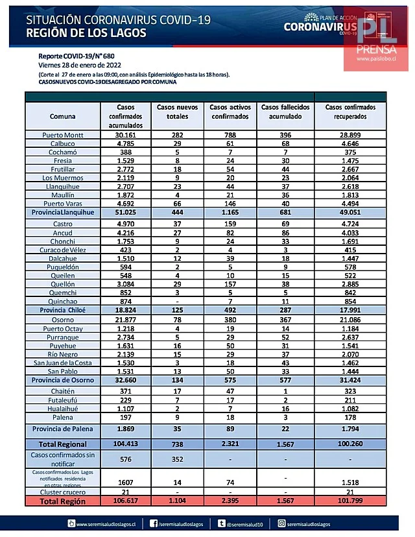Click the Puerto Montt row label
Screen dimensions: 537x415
pyautogui.click(x=62, y=135)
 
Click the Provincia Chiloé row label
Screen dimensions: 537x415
pyautogui.click(x=62, y=311)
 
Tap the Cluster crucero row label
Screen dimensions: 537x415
pyautogui.click(x=62, y=493)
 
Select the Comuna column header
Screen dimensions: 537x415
pyautogui.click(x=62, y=117)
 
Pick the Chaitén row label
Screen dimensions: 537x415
pyautogui.click(x=62, y=392)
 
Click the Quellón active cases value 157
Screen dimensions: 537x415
pyautogui.click(x=229, y=283)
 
